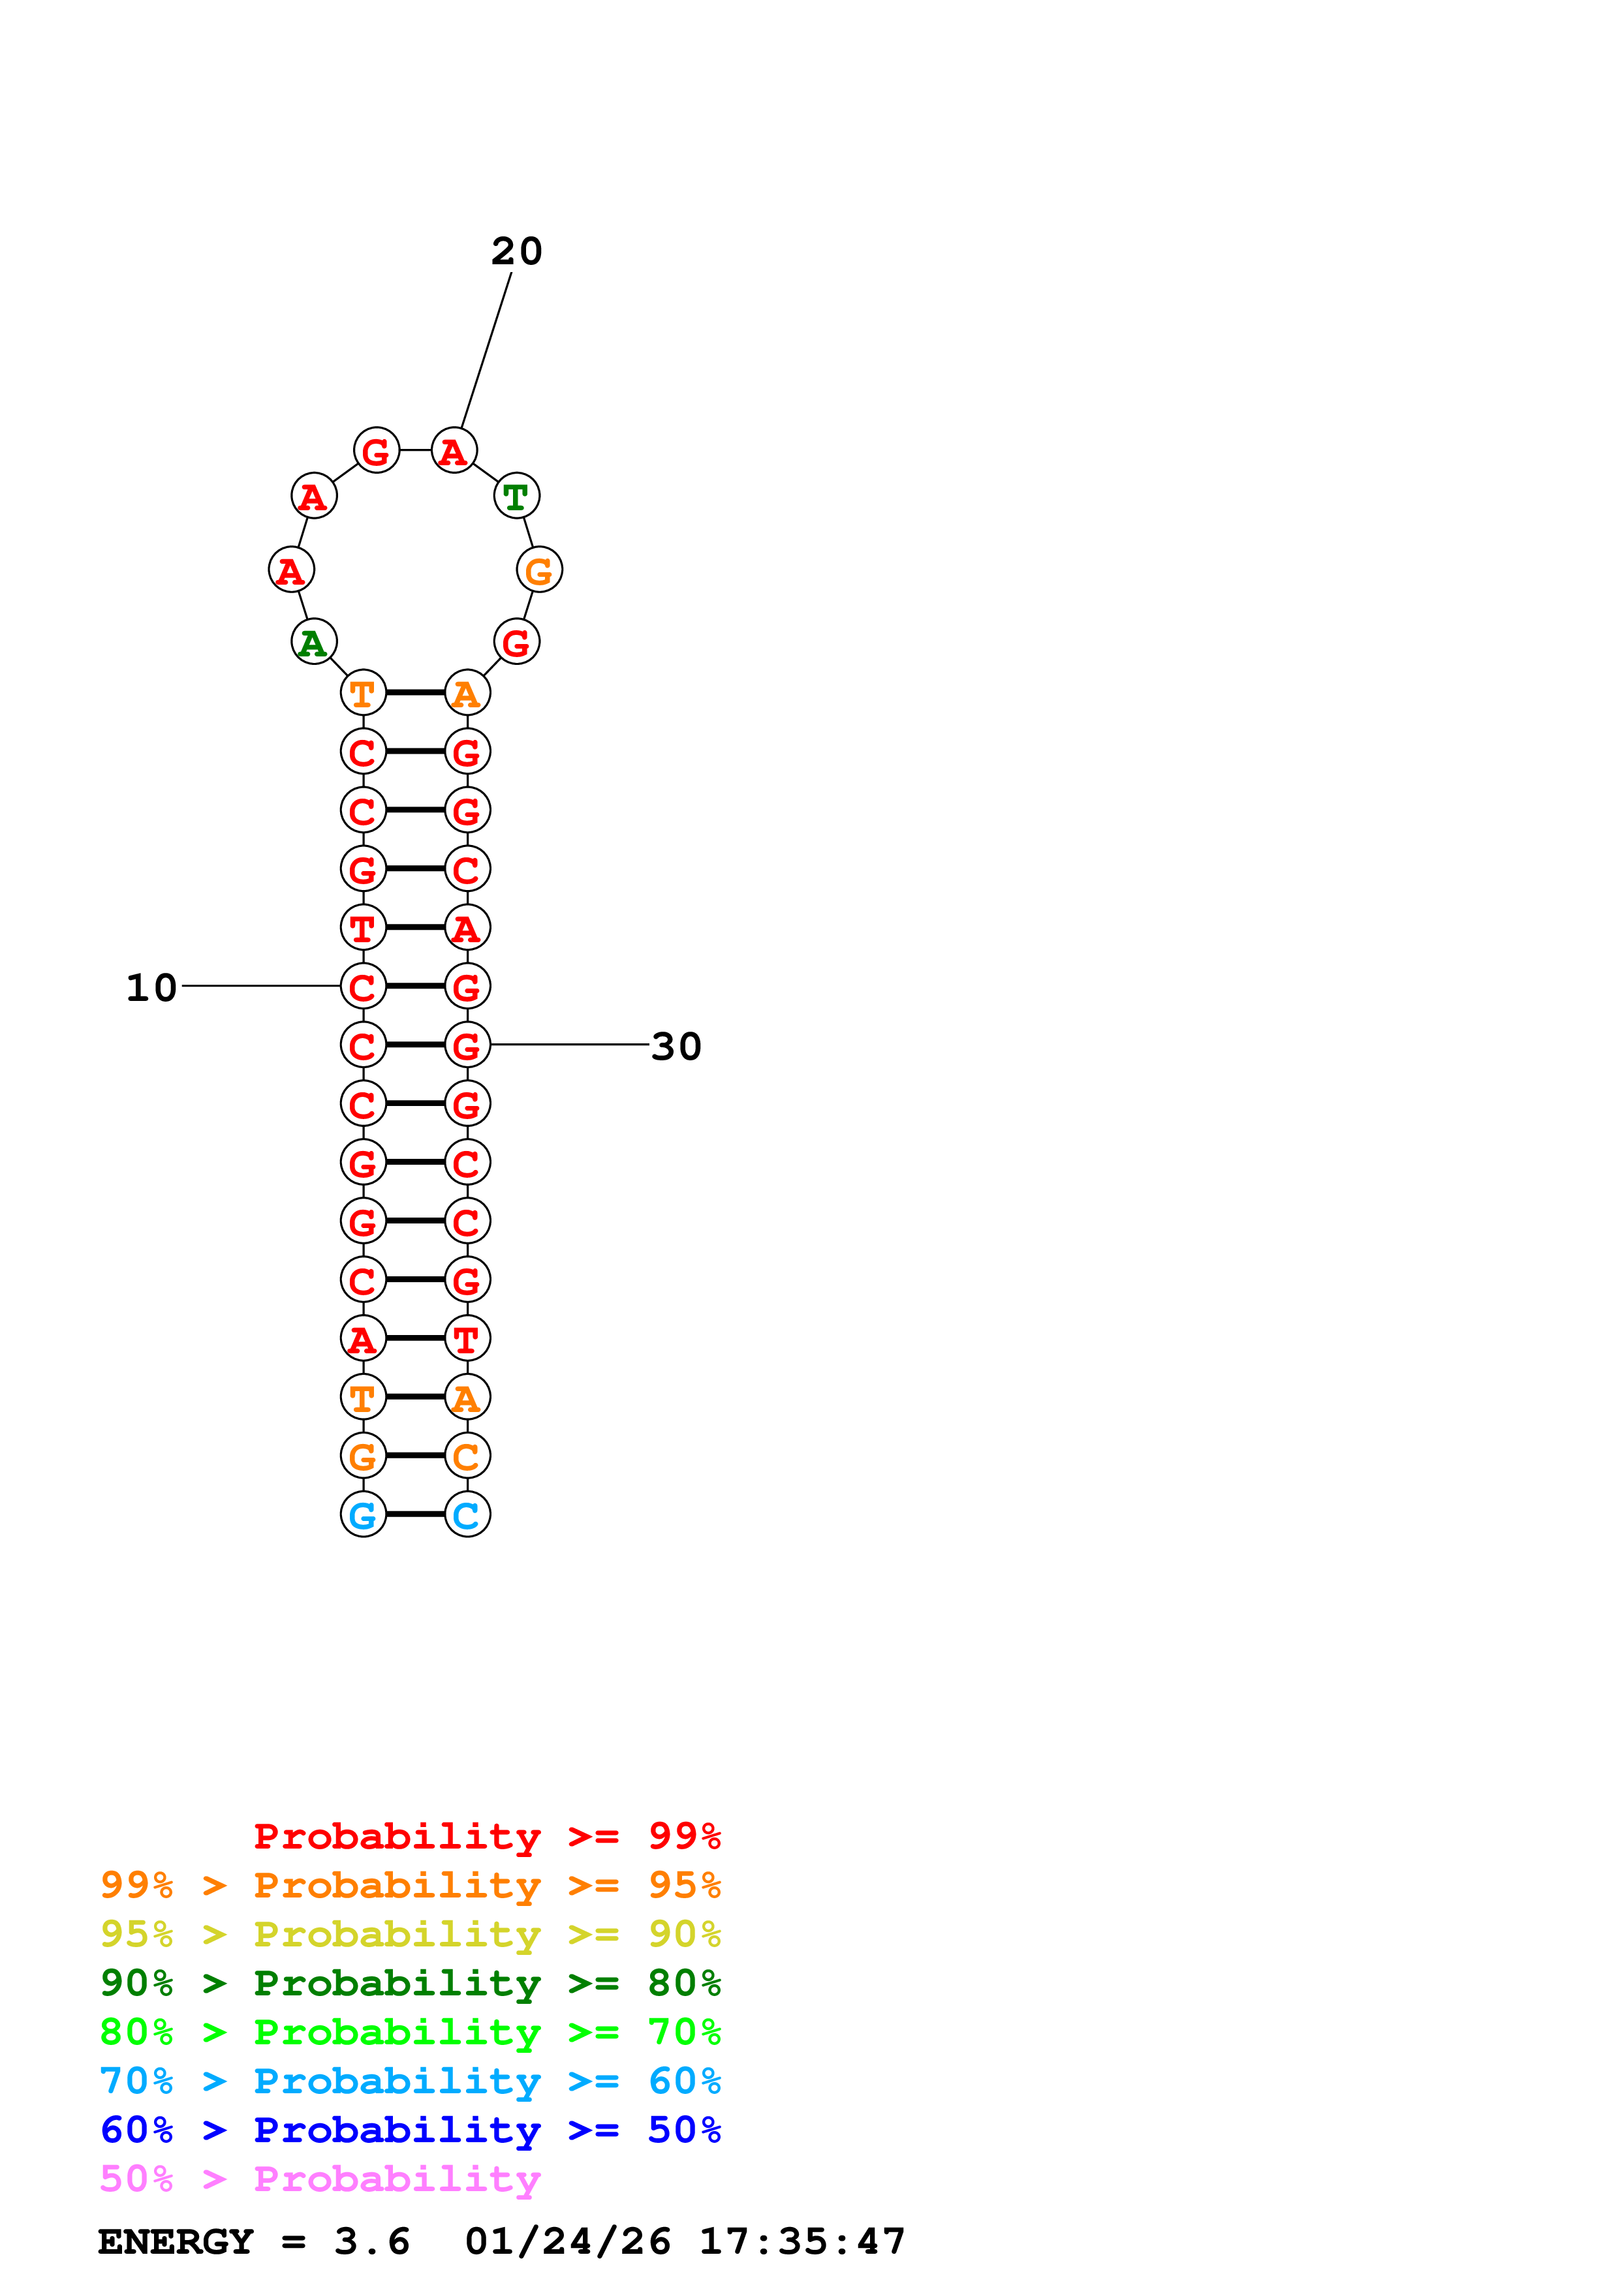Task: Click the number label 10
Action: click(151, 988)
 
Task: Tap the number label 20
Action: click(516, 251)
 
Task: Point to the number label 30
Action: click(676, 1047)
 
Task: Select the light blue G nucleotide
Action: click(363, 1514)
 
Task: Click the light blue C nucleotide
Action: click(467, 1514)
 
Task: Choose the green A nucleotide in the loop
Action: click(313, 642)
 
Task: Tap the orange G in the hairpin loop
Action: click(539, 570)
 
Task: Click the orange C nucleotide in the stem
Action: click(467, 1456)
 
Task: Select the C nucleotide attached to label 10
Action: click(363, 987)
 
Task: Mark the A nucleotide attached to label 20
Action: click(454, 451)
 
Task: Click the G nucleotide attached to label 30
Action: click(467, 1046)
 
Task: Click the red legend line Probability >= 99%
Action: click(486, 1836)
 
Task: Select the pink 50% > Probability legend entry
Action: click(320, 2179)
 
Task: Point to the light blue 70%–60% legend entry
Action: click(410, 2082)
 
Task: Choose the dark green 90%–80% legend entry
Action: click(410, 1984)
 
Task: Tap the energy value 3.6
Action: click(372, 2242)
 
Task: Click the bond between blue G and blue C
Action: click(414, 1514)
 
